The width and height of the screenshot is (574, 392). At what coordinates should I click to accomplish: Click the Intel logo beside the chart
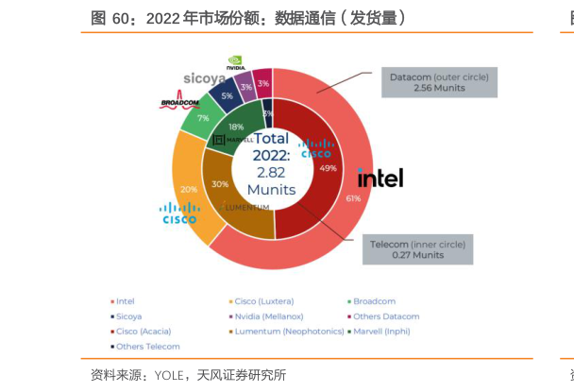click(380, 178)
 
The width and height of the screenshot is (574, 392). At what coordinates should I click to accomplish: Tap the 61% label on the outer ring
click(354, 198)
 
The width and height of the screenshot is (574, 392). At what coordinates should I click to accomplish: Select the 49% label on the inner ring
click(329, 168)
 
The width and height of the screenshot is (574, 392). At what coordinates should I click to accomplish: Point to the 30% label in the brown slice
click(221, 183)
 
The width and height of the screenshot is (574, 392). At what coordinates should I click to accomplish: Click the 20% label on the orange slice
click(189, 189)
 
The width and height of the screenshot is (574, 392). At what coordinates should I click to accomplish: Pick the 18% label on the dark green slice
click(236, 127)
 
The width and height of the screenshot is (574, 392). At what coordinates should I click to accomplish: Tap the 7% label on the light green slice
click(203, 118)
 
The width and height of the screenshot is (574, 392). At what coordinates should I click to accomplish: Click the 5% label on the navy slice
click(227, 95)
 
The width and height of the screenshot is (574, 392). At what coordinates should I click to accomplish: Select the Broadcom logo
click(179, 103)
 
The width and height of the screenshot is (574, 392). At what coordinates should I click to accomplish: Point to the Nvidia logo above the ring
click(237, 63)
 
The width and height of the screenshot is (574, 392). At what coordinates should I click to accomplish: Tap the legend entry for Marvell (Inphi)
click(387, 332)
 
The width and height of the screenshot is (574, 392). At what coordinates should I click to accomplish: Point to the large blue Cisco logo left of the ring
click(179, 213)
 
